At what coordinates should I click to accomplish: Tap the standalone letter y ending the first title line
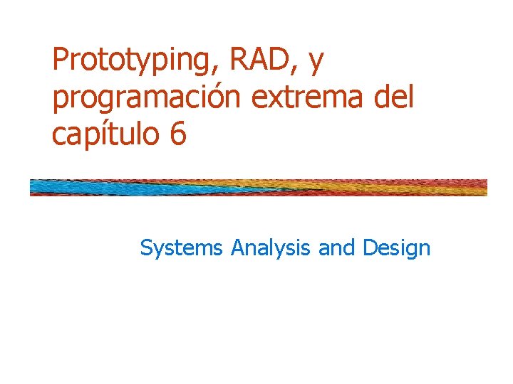click(x=316, y=64)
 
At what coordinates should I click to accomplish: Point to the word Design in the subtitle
click(x=396, y=248)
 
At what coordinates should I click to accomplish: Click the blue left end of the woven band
click(x=50, y=188)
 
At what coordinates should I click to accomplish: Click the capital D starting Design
click(x=370, y=247)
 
